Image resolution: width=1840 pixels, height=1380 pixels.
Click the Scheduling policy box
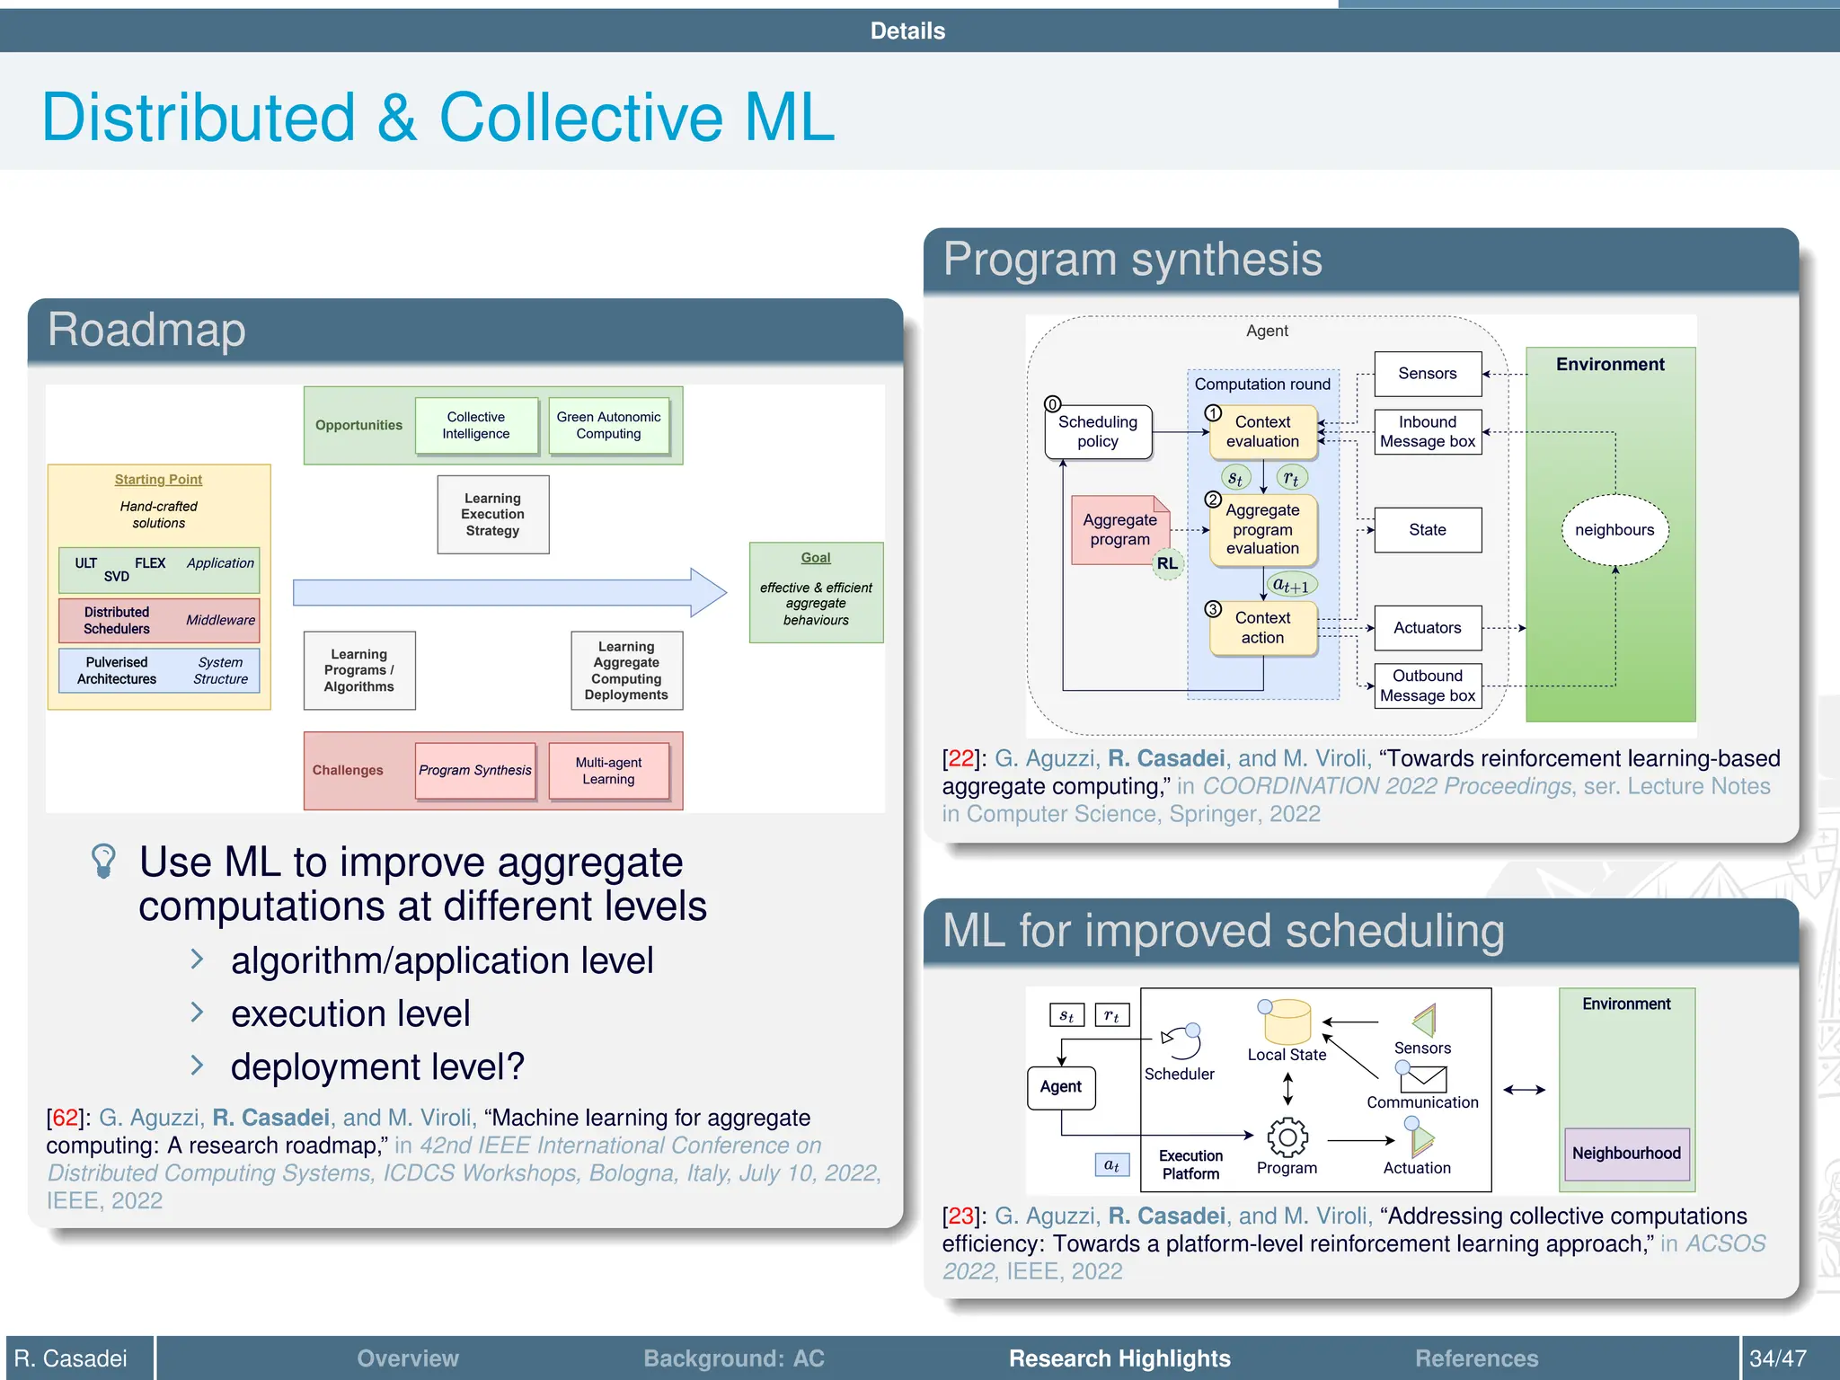point(1098,432)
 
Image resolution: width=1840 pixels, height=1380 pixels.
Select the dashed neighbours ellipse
point(1614,530)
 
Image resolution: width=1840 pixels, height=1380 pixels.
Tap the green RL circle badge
point(1167,564)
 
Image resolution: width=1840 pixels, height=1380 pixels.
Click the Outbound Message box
point(1428,686)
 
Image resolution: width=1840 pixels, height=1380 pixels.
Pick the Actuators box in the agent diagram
point(1428,628)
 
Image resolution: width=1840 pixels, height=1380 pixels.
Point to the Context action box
point(1262,628)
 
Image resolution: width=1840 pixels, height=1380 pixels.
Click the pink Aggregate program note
point(1119,530)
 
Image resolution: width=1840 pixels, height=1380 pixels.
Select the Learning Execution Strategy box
point(492,515)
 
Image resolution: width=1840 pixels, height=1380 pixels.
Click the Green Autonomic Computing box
point(608,426)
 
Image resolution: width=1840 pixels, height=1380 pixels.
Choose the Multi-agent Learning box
point(608,771)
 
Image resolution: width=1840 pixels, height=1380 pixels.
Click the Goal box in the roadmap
point(816,592)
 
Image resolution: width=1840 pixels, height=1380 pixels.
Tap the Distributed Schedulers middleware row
point(159,620)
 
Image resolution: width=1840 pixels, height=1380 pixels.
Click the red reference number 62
point(65,1118)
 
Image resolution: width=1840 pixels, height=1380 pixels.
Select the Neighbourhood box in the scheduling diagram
point(1626,1154)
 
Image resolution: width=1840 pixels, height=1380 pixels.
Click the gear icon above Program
point(1287,1137)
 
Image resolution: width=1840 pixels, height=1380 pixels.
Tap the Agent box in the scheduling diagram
point(1061,1087)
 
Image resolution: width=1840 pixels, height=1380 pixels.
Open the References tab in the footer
point(1476,1358)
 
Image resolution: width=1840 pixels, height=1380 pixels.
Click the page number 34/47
point(1777,1358)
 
